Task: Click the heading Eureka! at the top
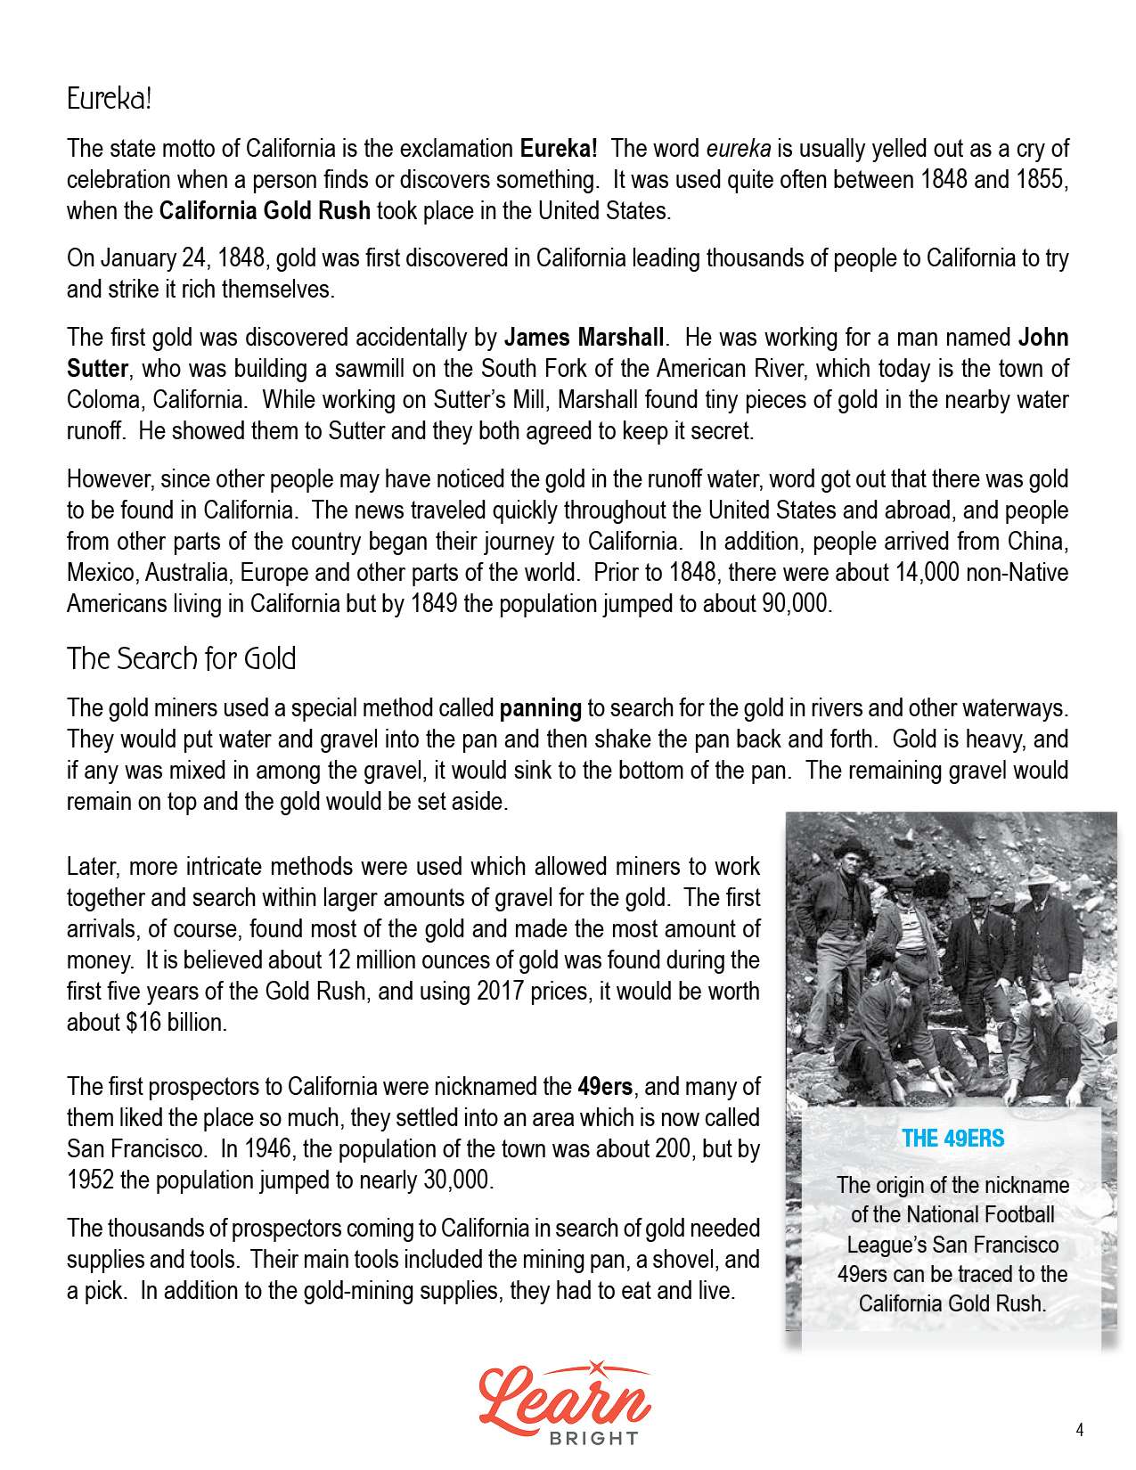[110, 99]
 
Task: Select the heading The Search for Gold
[181, 659]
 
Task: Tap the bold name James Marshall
[584, 338]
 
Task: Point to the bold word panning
[540, 709]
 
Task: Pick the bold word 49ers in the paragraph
[605, 1087]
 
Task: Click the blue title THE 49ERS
[952, 1139]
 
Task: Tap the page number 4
[1080, 1431]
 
